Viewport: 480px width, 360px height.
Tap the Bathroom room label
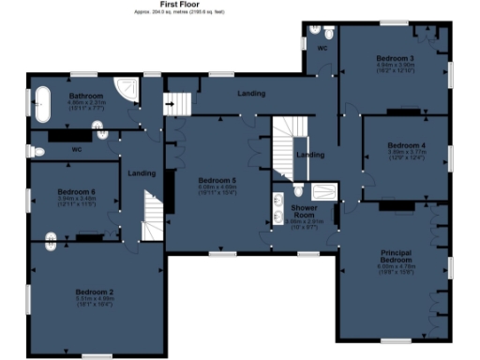pos(85,97)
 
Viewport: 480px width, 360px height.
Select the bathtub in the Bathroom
pos(44,105)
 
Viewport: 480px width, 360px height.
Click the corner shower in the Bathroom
pos(126,91)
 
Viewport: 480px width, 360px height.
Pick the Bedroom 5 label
pos(217,179)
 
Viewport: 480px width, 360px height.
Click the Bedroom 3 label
pos(395,59)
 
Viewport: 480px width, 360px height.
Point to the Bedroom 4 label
pos(407,146)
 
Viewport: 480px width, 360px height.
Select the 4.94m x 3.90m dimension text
pos(395,66)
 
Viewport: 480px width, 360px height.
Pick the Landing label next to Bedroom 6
pos(142,173)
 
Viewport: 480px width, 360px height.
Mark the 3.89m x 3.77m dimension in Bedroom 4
pos(407,153)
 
